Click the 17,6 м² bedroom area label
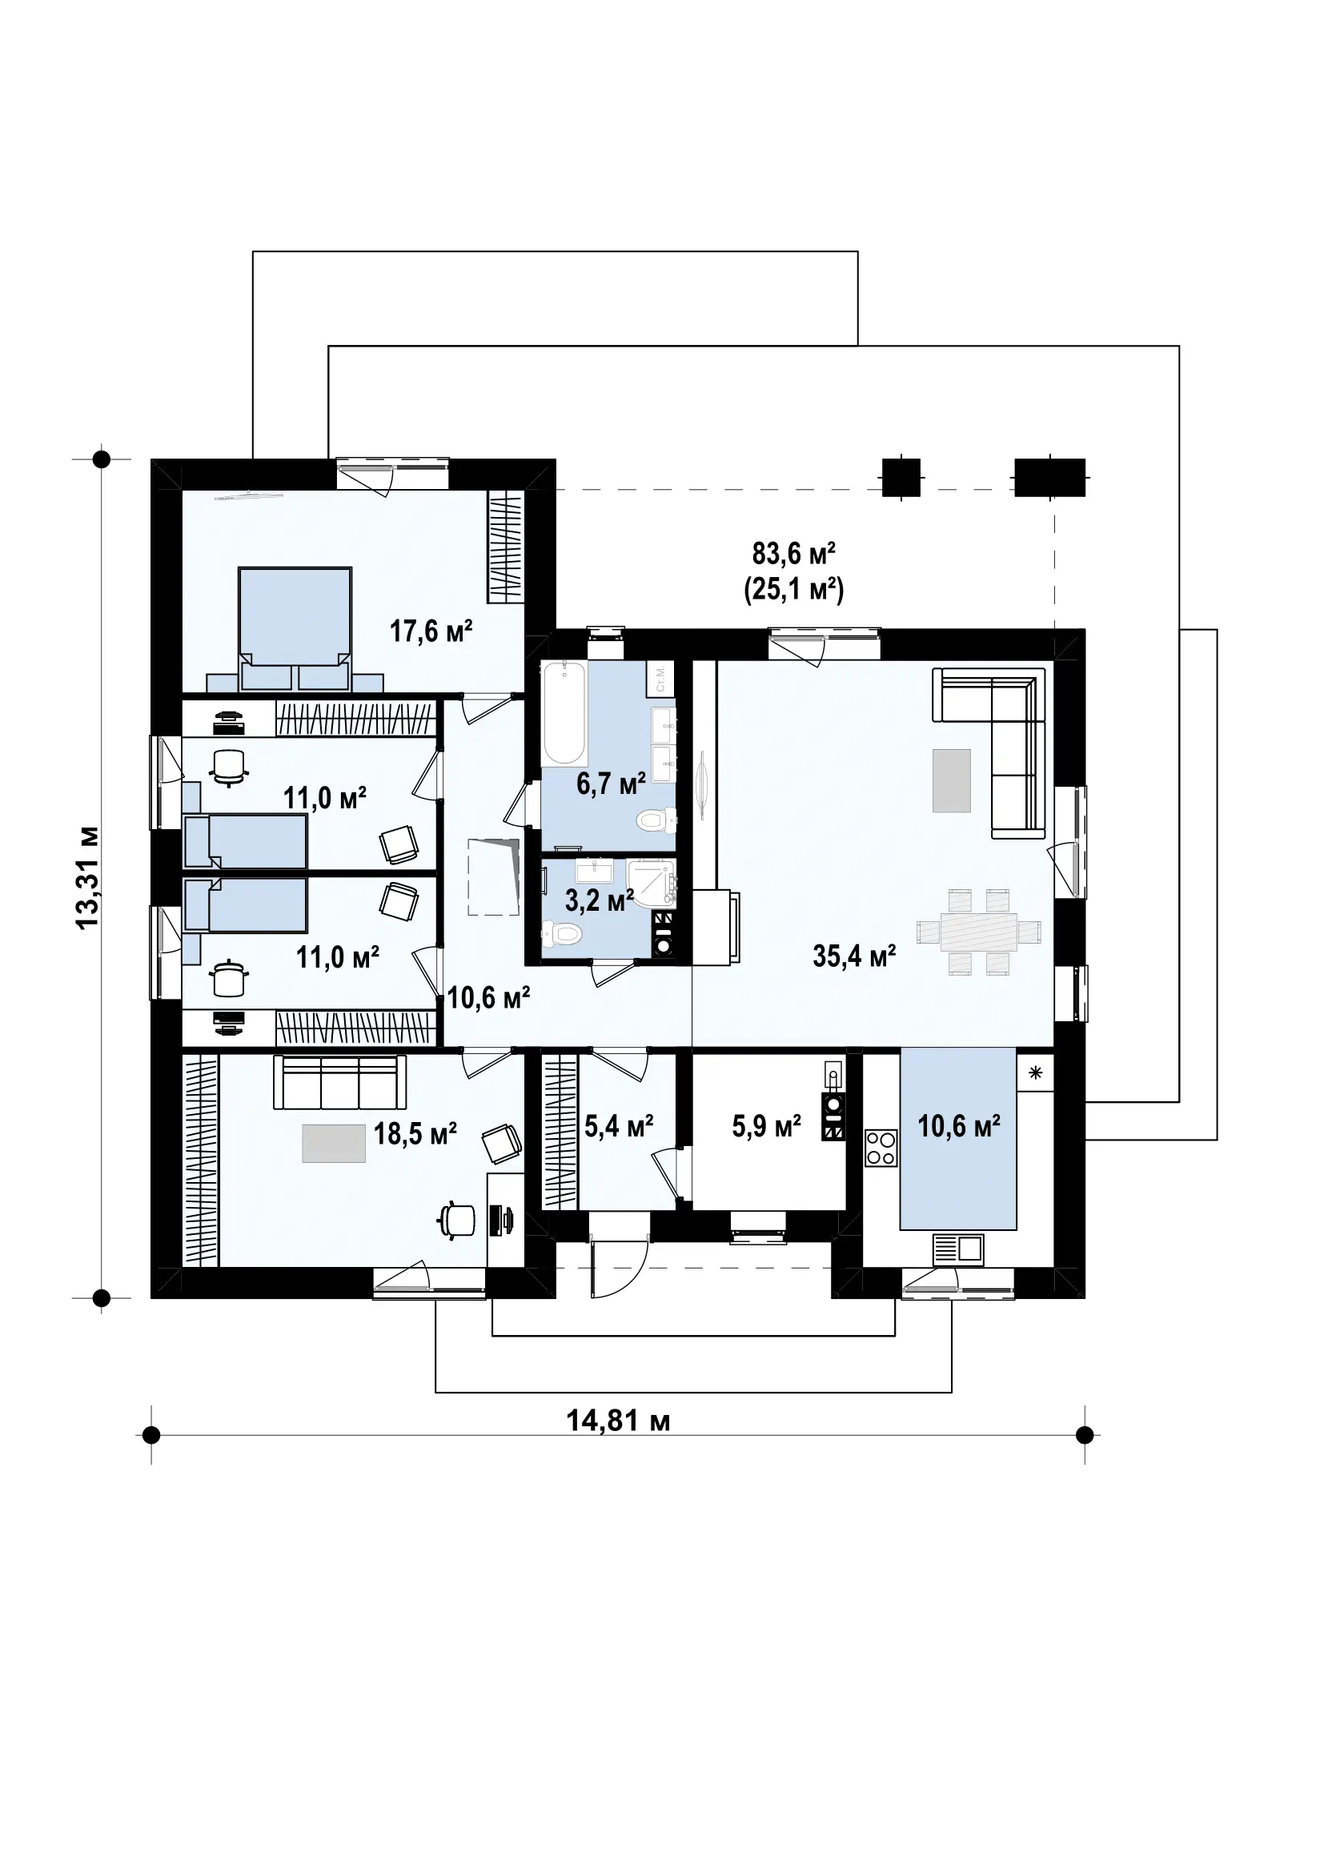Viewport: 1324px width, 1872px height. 431,631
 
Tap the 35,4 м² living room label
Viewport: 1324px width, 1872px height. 854,956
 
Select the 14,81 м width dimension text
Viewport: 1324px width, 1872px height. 618,1421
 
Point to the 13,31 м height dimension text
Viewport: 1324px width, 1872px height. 87,876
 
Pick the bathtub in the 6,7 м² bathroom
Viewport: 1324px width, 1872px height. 564,713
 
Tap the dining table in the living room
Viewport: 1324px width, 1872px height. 979,932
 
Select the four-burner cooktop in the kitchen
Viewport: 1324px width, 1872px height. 881,1148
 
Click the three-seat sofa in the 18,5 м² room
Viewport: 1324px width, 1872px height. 340,1083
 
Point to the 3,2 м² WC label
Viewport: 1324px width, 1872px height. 600,901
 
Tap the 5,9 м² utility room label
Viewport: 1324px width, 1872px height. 766,1126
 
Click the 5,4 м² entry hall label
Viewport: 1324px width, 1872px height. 619,1126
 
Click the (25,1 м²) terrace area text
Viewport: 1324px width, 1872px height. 793,589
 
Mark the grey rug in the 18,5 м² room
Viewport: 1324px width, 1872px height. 335,1143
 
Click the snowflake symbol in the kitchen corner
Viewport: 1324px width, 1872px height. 1035,1073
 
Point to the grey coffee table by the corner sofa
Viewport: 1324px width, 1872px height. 953,780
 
